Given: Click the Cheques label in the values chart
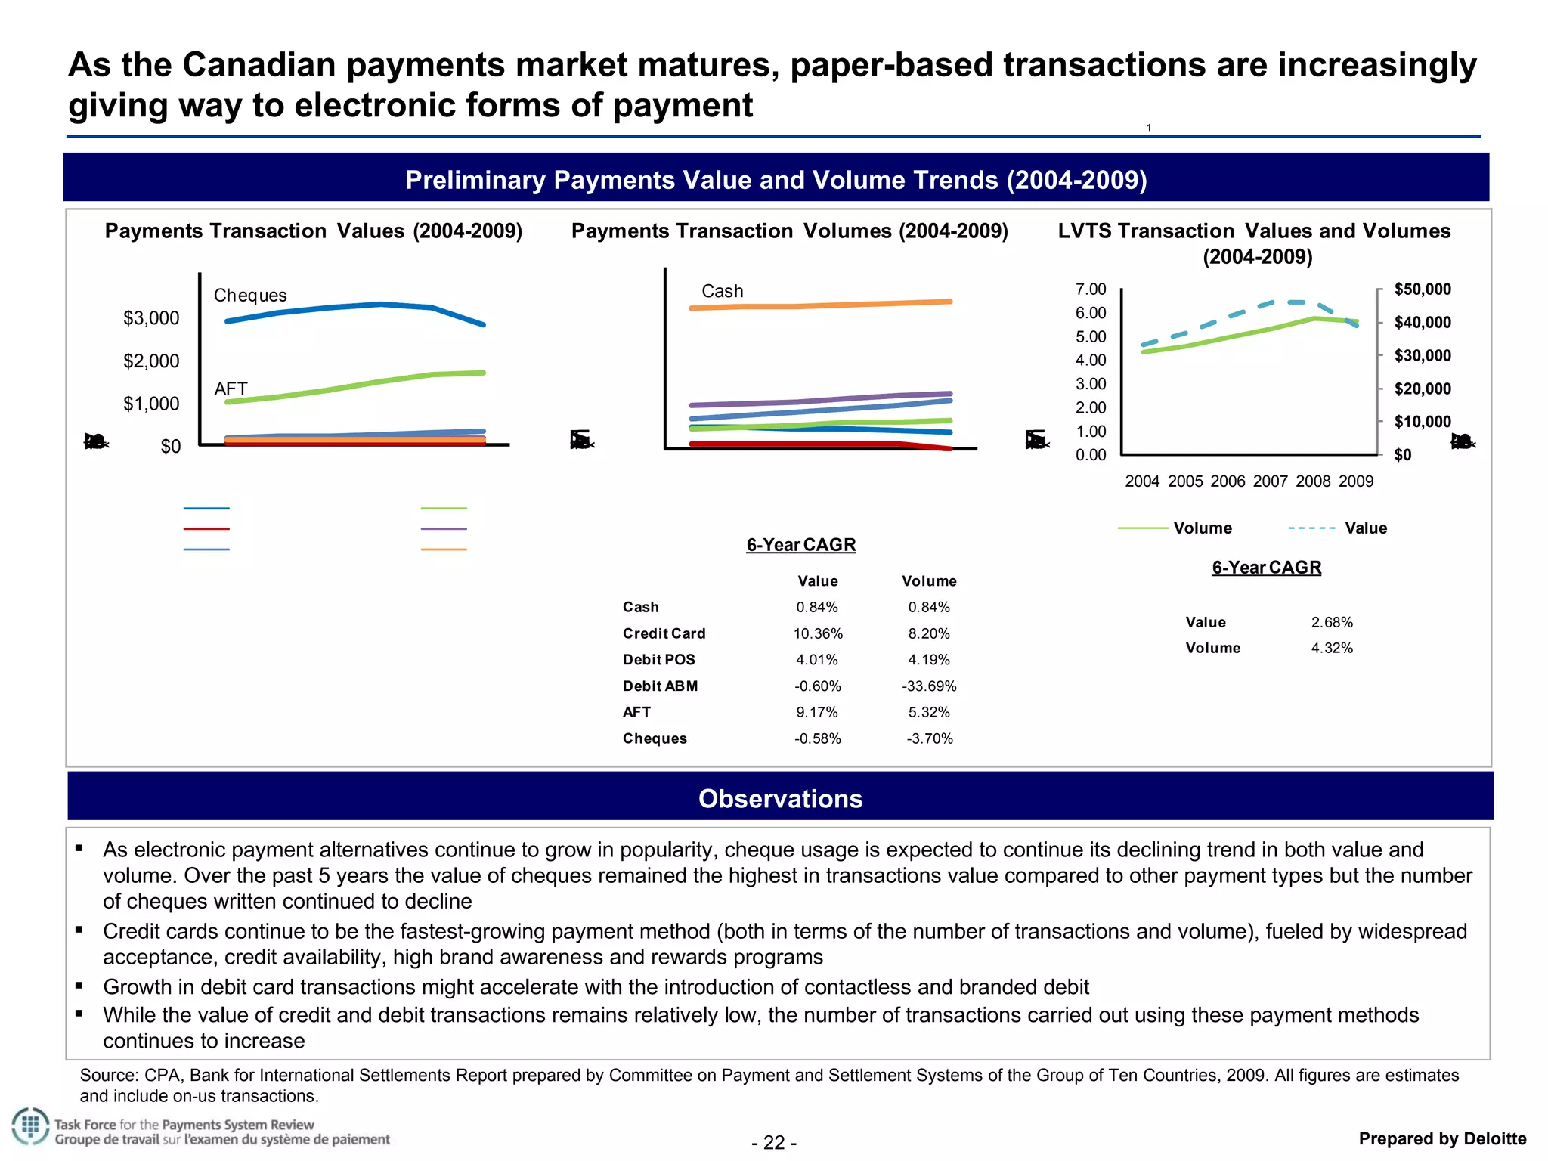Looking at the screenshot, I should (250, 296).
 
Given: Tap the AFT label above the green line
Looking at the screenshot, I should (231, 389).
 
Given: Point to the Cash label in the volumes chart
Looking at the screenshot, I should (722, 291).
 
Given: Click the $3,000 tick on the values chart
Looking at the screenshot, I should (151, 318).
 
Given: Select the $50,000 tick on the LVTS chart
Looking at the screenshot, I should (1423, 289).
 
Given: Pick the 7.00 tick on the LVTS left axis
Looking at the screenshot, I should (1091, 289).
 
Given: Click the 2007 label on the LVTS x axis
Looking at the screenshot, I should (1271, 481).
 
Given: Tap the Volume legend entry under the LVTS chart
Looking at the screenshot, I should (1202, 528).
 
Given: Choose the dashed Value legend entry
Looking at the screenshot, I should (1365, 528).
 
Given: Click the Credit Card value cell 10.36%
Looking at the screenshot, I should (818, 634).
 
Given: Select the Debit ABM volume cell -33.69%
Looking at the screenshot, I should (929, 686).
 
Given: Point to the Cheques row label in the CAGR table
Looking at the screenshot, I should (655, 738).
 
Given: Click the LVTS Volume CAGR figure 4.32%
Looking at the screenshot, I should (1332, 649).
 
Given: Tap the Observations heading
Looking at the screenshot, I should (780, 799).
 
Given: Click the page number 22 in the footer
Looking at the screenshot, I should (774, 1142).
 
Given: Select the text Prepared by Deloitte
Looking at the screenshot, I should (1442, 1139).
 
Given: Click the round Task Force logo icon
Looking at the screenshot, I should (30, 1127).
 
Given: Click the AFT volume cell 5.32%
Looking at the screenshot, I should (929, 712).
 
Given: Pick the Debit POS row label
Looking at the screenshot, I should (658, 660).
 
